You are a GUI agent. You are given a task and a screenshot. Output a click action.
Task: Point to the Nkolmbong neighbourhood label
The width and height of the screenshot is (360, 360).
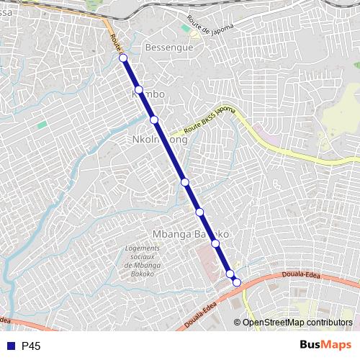161,140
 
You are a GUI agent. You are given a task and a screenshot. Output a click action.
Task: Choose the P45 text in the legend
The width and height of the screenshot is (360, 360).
31,346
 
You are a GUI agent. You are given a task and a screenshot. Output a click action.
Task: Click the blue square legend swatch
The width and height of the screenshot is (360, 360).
11,346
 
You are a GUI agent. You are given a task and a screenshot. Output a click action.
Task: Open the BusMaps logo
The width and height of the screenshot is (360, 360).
325,346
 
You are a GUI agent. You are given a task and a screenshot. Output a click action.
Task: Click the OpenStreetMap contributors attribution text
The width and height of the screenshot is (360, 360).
297,323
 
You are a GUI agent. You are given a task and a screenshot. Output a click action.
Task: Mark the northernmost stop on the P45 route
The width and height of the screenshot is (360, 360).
123,58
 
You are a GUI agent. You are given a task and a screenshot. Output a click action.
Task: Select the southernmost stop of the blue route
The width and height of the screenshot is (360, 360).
236,282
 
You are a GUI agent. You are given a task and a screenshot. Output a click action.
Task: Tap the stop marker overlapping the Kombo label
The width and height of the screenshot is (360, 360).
139,90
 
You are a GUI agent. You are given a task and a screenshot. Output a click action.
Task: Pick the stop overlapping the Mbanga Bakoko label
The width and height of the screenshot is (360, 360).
215,243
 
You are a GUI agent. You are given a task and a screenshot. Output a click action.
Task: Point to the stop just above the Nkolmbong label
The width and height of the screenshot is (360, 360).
154,120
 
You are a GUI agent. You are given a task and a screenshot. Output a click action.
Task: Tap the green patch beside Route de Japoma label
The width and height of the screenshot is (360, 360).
186,28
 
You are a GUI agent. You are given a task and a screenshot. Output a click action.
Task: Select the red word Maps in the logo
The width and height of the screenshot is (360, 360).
338,346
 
